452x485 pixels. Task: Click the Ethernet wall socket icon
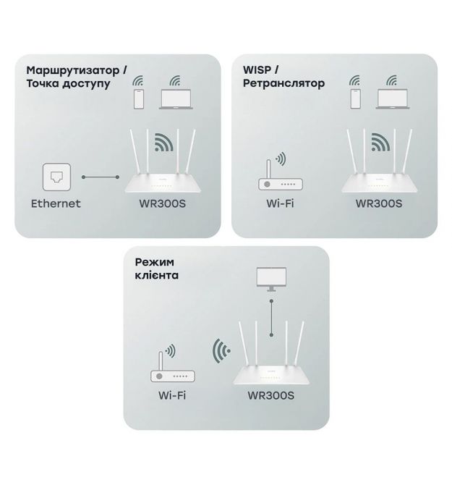[56, 177]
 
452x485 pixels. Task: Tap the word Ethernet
[56, 203]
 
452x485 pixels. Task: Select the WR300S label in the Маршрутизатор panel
[162, 203]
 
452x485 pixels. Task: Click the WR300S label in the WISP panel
[379, 203]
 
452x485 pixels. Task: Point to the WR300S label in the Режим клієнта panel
[270, 395]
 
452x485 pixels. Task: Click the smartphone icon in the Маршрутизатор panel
[139, 99]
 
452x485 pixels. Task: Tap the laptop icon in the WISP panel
[393, 99]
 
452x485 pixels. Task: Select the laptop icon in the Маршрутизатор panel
[176, 99]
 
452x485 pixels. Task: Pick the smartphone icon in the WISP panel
[355, 99]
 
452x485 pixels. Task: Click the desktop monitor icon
[271, 279]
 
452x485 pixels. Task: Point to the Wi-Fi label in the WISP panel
[280, 203]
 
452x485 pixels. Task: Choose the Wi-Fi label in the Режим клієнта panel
[172, 395]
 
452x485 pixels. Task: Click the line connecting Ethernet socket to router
[101, 177]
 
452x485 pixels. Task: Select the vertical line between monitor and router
[271, 318]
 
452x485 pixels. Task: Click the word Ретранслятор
[283, 83]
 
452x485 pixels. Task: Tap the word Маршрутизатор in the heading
[73, 70]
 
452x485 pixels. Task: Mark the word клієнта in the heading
[157, 275]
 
